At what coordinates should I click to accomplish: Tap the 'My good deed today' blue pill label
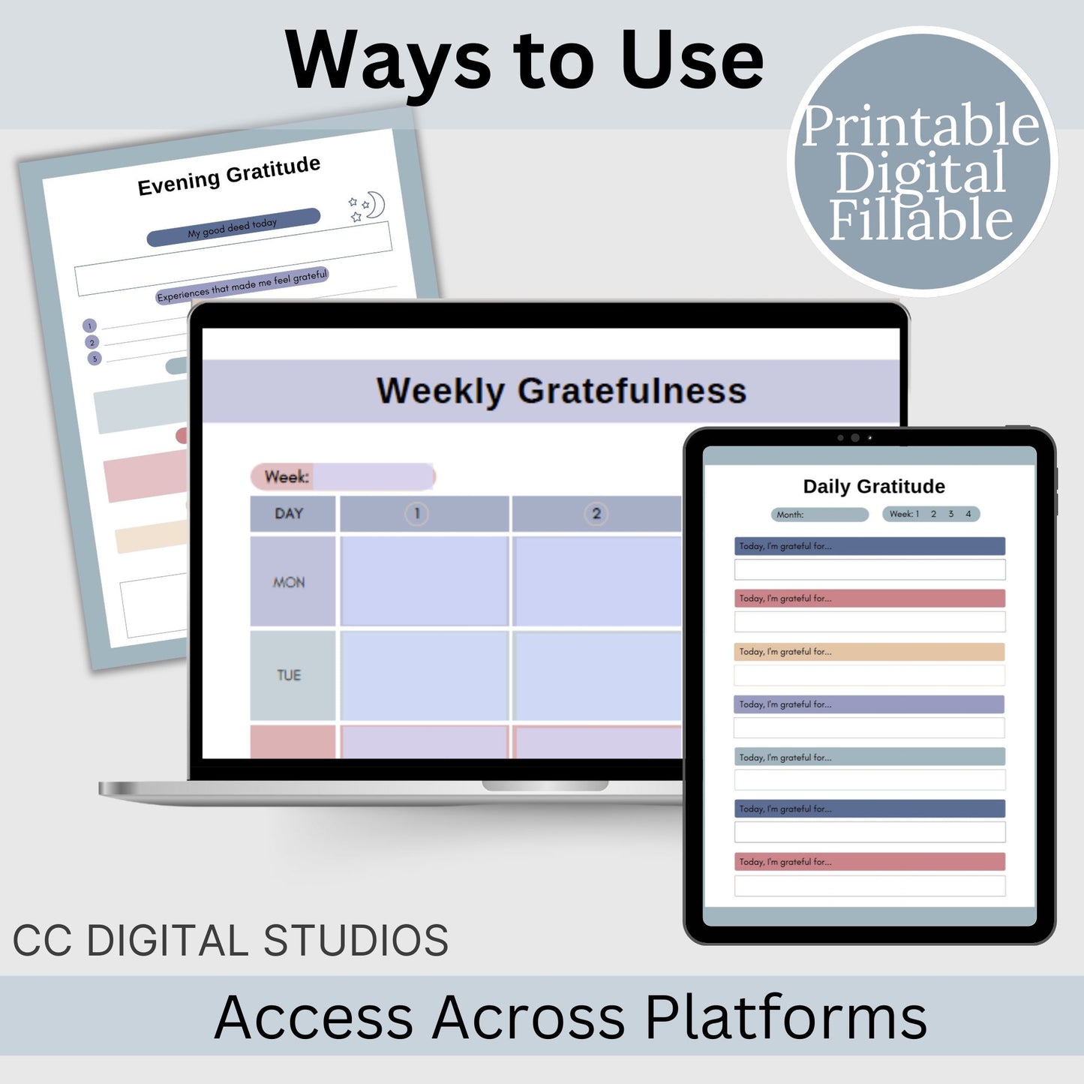[x=233, y=227]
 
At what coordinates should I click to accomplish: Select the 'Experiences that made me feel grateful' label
[x=242, y=286]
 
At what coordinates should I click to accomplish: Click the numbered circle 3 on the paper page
[x=95, y=359]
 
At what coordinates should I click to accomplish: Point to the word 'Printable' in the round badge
[x=921, y=126]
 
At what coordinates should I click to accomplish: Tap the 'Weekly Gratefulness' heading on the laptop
[x=561, y=390]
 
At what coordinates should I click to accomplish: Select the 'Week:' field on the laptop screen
[x=343, y=477]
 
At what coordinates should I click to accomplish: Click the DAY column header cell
[x=293, y=514]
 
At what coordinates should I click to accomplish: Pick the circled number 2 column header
[x=596, y=514]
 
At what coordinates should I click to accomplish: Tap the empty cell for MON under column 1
[x=425, y=581]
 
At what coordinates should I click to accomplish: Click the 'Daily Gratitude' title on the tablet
[x=874, y=486]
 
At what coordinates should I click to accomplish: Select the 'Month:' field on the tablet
[x=820, y=514]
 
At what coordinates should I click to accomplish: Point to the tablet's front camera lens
[x=855, y=437]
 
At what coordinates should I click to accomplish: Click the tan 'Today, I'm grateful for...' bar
[x=869, y=651]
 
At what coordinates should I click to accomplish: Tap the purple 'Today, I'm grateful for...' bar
[x=869, y=704]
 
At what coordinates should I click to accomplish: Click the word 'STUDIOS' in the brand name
[x=356, y=940]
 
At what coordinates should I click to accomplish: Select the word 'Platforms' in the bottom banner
[x=786, y=1018]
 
